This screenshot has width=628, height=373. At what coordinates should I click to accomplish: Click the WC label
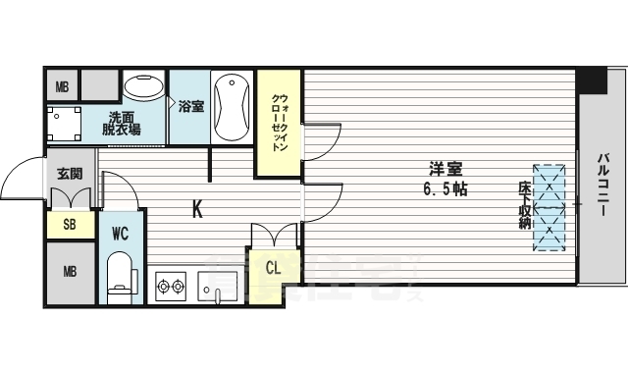point(121,234)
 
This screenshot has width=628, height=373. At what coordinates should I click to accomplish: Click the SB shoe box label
point(71,225)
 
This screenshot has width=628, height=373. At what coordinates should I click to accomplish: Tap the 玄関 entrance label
point(70,175)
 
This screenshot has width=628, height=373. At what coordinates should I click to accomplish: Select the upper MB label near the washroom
point(62,86)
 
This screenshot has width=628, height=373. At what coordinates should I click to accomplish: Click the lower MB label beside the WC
point(71,272)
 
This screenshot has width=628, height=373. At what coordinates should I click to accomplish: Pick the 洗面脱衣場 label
point(124,124)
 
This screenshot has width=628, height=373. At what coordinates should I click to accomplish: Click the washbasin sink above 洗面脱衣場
point(144,87)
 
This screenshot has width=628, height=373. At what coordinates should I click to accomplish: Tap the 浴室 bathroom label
point(190,106)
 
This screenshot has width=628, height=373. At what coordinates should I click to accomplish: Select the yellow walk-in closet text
point(279,123)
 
